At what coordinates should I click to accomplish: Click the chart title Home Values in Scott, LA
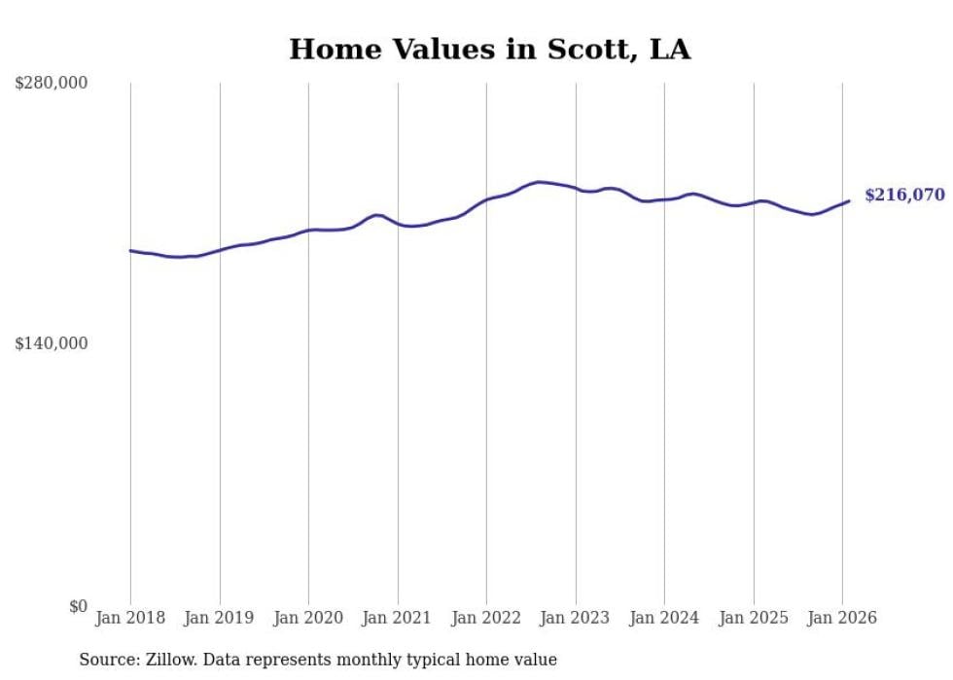click(489, 50)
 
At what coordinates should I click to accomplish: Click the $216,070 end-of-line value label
click(903, 196)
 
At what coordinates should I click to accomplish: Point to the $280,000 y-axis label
click(51, 84)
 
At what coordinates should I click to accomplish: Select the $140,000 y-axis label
click(51, 343)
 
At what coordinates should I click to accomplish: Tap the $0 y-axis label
click(78, 606)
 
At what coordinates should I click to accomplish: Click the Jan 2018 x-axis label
click(130, 619)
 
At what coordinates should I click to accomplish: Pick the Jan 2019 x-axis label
click(220, 619)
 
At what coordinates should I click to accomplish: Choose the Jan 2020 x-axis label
click(308, 619)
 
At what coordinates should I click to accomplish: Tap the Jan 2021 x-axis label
click(397, 619)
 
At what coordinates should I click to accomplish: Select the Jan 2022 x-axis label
click(486, 619)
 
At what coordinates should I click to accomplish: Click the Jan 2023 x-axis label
click(575, 619)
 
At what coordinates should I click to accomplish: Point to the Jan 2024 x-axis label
click(664, 619)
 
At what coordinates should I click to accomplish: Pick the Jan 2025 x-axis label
click(753, 619)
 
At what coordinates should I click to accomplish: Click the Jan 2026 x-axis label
click(842, 619)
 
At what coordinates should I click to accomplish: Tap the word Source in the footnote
click(105, 660)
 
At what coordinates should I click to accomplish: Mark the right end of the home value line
click(849, 201)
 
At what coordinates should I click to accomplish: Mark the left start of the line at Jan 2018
click(130, 251)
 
